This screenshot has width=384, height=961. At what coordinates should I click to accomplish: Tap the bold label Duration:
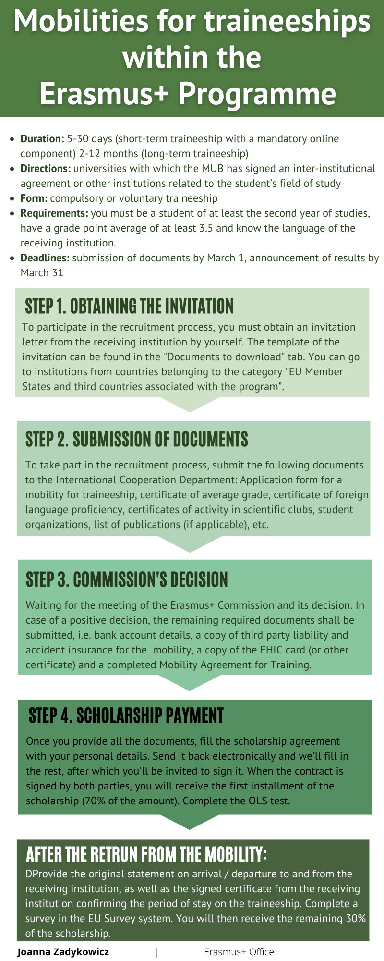pyautogui.click(x=42, y=139)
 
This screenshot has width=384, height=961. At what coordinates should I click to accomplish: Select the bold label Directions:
pyautogui.click(x=46, y=169)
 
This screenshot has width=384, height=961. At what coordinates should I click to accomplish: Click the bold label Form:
pyautogui.click(x=34, y=198)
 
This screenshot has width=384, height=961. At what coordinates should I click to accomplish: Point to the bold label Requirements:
pyautogui.click(x=54, y=213)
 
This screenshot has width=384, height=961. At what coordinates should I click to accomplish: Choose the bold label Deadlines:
pyautogui.click(x=45, y=258)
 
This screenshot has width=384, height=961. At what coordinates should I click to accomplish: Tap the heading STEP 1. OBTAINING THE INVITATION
pyautogui.click(x=130, y=306)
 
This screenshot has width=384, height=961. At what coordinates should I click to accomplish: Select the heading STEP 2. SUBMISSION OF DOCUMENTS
pyautogui.click(x=137, y=439)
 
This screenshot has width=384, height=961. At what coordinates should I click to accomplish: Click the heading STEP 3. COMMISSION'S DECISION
pyautogui.click(x=127, y=579)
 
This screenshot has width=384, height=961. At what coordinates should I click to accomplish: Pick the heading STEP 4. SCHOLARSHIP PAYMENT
pyautogui.click(x=126, y=715)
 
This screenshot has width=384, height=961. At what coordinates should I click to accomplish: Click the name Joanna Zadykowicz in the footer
pyautogui.click(x=63, y=952)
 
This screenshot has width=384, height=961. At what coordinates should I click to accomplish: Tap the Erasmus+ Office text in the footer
pyautogui.click(x=239, y=952)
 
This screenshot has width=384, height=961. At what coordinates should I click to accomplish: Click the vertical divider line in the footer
pyautogui.click(x=156, y=952)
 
